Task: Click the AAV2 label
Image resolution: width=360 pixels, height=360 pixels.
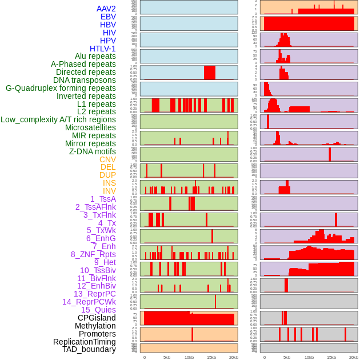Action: pos(106,9)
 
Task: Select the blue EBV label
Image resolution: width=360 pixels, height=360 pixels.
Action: pos(108,17)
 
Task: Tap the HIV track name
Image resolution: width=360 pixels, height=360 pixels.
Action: pos(109,33)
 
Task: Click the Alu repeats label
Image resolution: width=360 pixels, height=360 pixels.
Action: pos(95,56)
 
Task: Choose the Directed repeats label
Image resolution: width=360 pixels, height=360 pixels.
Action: pos(86,72)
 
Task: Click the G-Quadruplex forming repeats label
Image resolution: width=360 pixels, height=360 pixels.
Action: pos(61,88)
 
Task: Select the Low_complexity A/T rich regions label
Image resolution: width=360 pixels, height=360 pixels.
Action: pos(58,119)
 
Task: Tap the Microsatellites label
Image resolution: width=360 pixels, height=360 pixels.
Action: pos(90,127)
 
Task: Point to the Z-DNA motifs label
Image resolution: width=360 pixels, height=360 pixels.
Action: pos(93,151)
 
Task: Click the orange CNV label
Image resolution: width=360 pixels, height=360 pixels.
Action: pos(107,159)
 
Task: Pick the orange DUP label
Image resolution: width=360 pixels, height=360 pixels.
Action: pos(107,175)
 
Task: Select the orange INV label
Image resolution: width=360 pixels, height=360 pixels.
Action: pos(109,191)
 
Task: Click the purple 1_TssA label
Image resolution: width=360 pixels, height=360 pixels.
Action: pos(103,199)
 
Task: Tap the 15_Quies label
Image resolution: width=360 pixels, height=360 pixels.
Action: pos(98,310)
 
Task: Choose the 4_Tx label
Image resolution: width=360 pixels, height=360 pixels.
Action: pos(107,223)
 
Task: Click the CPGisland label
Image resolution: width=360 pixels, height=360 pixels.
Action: pos(97,318)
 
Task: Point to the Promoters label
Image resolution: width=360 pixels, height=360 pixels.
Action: pos(97,334)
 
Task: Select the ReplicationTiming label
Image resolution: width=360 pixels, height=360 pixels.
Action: pos(84,342)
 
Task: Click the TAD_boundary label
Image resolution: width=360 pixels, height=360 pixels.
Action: pos(89,349)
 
